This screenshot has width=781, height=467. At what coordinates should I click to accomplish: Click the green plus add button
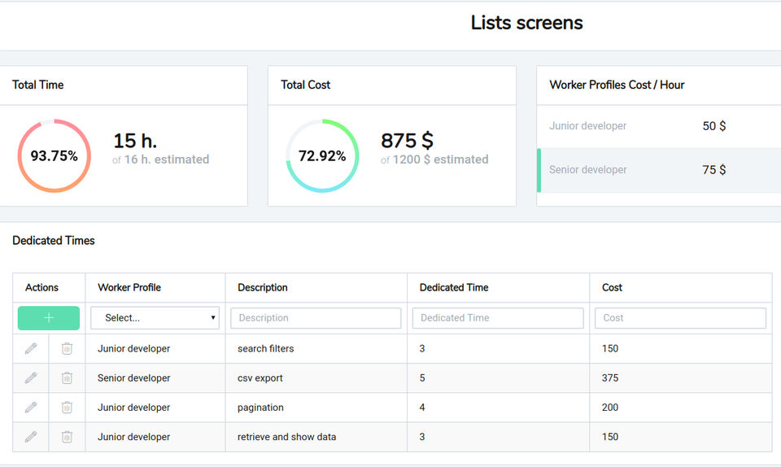49,318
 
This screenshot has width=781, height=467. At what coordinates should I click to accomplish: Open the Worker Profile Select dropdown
155,318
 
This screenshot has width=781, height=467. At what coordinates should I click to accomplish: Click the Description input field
316,318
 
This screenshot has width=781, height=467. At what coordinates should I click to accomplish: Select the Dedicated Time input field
498,318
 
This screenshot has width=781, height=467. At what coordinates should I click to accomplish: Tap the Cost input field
680,318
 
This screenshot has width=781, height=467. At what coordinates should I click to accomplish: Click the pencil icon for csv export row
31,378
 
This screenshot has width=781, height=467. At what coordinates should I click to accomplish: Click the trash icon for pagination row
67,408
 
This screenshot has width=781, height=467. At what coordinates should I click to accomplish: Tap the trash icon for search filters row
67,348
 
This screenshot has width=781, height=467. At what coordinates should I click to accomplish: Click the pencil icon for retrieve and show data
31,437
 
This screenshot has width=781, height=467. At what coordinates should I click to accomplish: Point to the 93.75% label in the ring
54,156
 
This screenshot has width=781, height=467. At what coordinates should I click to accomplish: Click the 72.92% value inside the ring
322,156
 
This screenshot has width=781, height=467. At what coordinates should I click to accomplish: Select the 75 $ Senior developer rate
714,170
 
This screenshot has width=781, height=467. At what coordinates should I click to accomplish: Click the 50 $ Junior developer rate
714,126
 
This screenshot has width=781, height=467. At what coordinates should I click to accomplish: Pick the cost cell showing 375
610,378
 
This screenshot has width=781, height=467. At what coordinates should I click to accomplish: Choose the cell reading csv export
260,378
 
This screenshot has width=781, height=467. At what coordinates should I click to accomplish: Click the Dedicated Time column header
454,287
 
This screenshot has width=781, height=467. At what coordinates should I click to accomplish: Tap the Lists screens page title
526,23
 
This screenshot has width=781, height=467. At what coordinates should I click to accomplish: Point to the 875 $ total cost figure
407,141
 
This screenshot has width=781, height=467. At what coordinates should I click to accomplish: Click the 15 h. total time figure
135,141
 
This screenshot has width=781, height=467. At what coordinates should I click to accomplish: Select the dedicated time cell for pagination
422,408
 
